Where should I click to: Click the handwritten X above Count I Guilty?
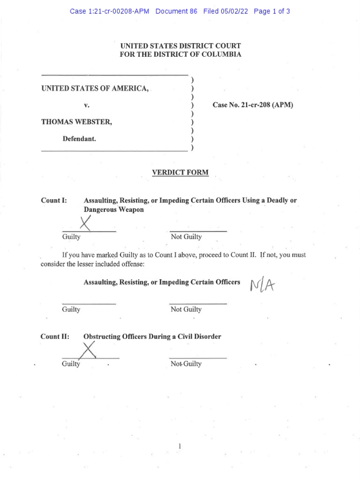(x=85, y=223)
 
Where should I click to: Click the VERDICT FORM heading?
(x=180, y=173)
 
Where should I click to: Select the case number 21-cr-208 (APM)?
(x=253, y=105)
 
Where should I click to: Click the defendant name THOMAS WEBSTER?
(x=76, y=122)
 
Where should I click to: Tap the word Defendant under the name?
(x=80, y=139)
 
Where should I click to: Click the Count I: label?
(x=54, y=200)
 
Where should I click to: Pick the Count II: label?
(x=55, y=337)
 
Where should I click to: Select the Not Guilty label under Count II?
(x=186, y=364)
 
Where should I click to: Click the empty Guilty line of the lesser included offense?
(x=89, y=303)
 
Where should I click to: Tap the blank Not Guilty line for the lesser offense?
(x=198, y=303)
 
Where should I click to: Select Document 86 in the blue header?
(x=176, y=11)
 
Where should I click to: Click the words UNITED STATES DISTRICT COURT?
(x=180, y=46)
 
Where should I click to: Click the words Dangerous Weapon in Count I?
(x=113, y=210)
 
